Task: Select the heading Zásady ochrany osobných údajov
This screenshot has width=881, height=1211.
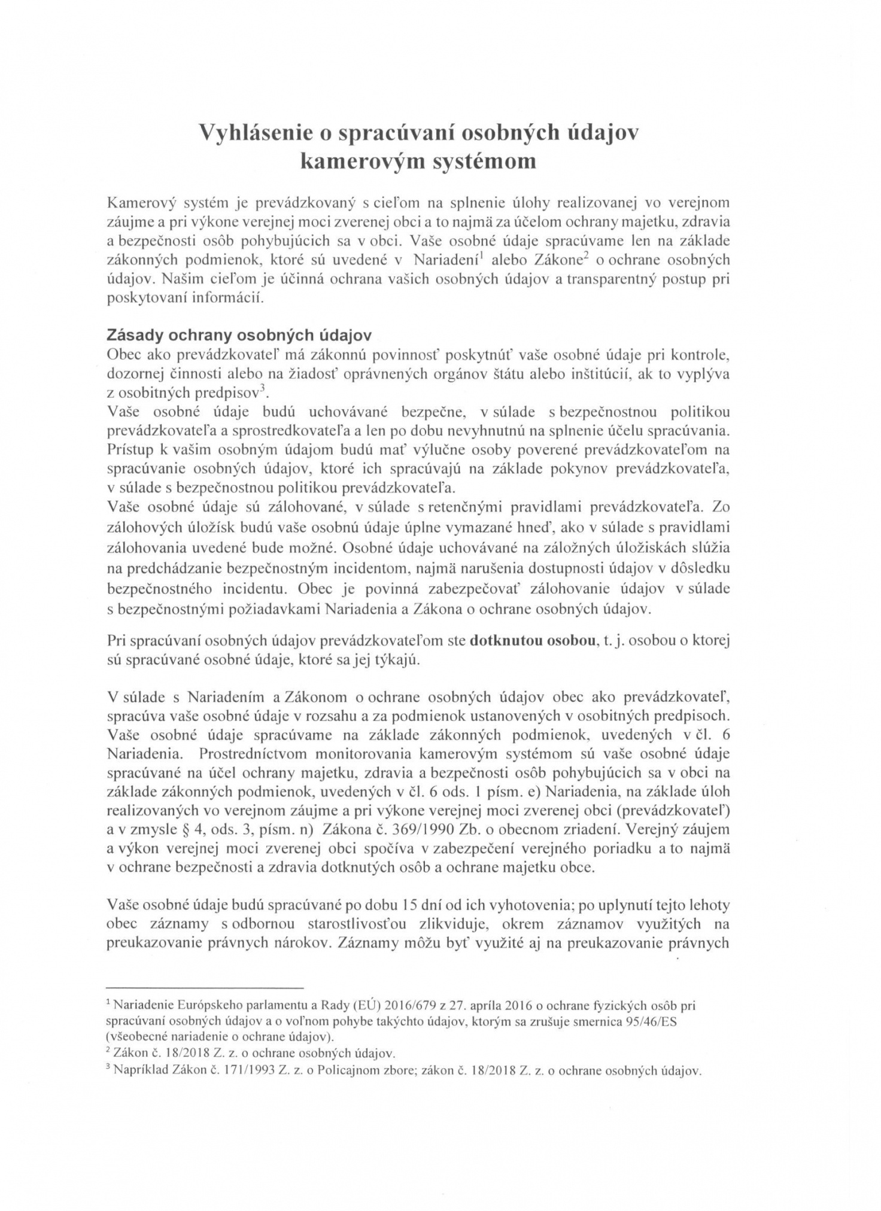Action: point(239,335)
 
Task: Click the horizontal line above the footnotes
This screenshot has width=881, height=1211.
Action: point(205,987)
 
